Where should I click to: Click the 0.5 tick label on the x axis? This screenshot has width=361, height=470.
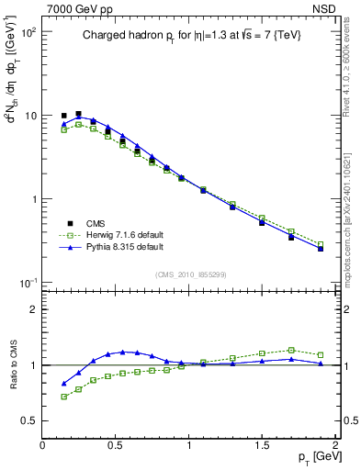click(116, 444)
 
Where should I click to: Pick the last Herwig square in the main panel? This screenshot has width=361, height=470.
click(321, 245)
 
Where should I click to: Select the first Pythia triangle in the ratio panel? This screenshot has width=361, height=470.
click(64, 384)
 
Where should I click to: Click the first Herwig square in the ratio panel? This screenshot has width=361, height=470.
click(64, 397)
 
